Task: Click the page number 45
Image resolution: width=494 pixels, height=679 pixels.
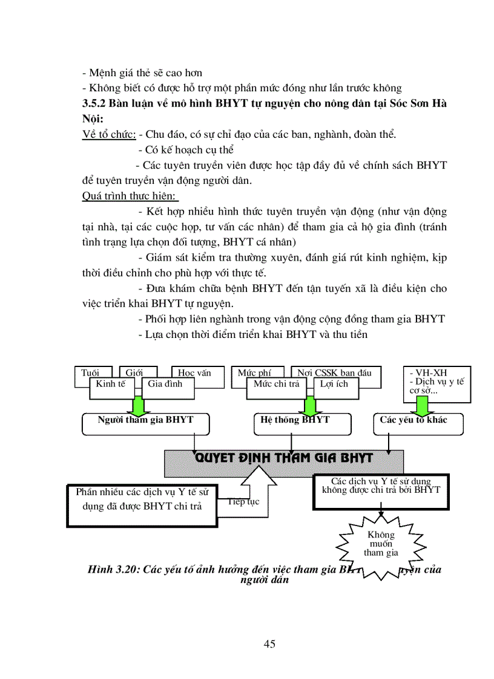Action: (269, 644)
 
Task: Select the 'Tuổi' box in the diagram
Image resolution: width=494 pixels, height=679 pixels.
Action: (90, 372)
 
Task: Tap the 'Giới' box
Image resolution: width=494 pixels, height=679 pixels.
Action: (134, 372)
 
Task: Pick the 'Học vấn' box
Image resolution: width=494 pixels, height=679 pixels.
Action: (194, 372)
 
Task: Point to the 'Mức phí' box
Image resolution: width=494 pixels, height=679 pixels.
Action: (254, 372)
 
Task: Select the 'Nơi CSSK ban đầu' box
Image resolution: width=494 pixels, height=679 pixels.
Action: (334, 372)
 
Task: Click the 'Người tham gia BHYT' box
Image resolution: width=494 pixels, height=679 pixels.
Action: (145, 424)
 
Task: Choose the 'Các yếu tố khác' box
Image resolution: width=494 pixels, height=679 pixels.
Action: (418, 424)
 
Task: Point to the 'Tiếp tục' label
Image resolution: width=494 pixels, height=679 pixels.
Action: (244, 502)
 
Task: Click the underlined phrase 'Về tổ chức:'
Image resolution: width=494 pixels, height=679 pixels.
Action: (108, 134)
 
